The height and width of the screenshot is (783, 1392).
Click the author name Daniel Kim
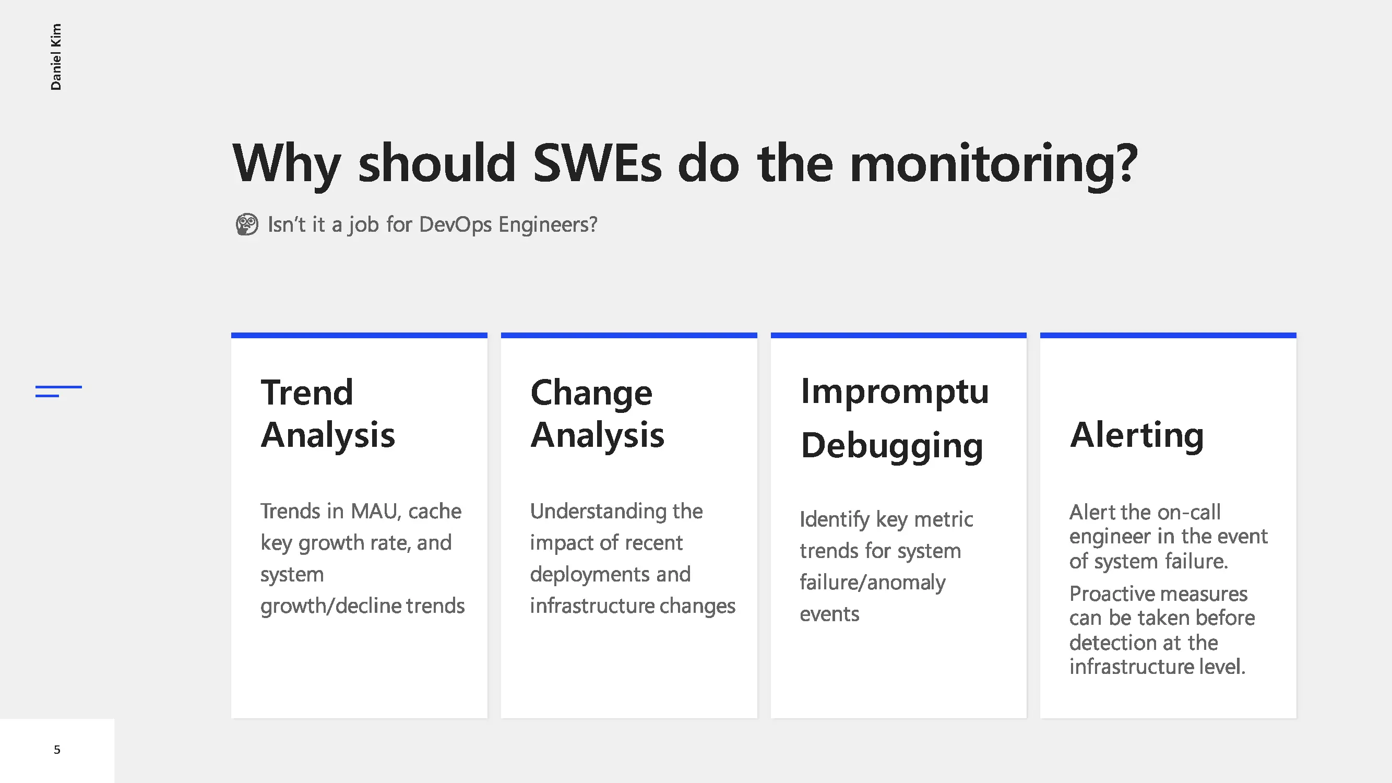click(56, 57)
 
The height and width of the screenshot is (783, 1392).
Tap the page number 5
click(57, 750)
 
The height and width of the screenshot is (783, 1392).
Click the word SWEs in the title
click(597, 163)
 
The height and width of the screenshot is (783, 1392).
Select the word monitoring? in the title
click(994, 165)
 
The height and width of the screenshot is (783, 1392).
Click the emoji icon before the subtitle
click(247, 224)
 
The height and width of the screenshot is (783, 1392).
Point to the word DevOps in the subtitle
click(455, 225)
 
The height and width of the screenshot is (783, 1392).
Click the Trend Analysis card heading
click(327, 413)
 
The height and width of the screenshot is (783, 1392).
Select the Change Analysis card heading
click(597, 413)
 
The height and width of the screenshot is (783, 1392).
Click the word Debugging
click(891, 446)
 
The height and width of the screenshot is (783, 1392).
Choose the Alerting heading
click(1136, 435)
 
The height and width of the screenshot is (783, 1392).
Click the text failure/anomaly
click(872, 583)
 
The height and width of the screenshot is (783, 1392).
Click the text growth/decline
click(331, 606)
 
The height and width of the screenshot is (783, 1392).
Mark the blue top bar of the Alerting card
click(1168, 336)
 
